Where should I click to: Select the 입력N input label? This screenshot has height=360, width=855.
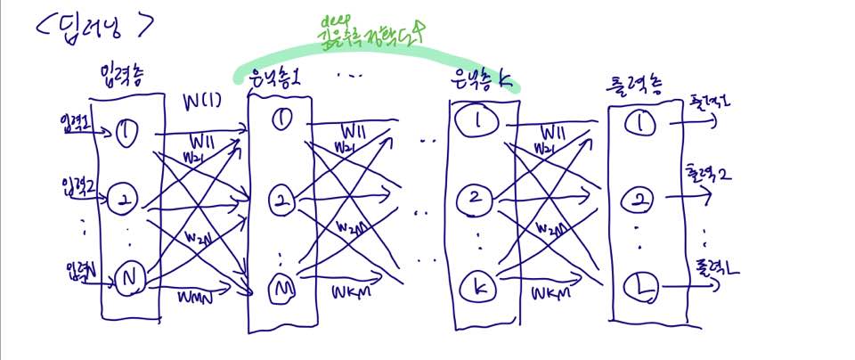coord(77,269)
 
